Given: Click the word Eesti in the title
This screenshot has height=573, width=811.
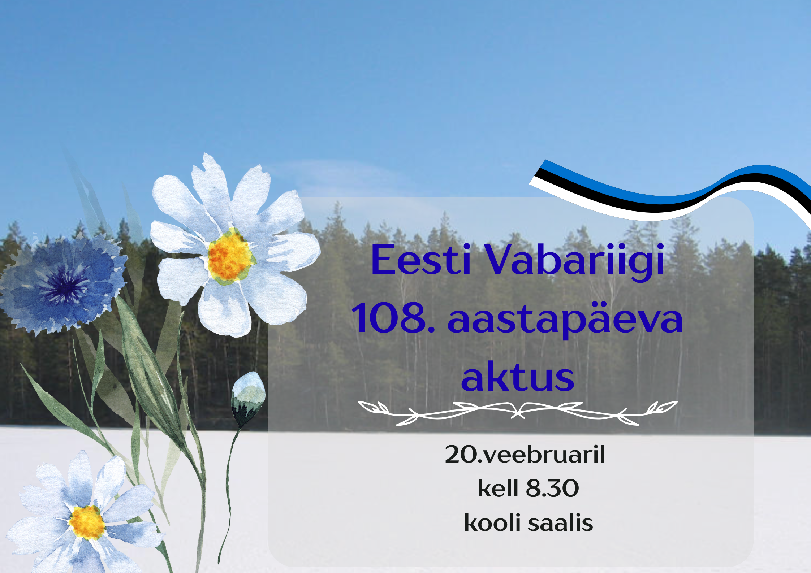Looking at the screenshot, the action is (x=421, y=259).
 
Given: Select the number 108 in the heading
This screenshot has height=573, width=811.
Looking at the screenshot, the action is (x=389, y=318).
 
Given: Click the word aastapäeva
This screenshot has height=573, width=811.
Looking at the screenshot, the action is (x=565, y=320).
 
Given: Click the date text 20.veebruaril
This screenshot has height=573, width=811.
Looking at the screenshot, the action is (x=525, y=454).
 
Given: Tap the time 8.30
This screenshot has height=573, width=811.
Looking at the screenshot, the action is (x=553, y=489).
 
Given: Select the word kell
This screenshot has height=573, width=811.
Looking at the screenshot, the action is (x=498, y=488).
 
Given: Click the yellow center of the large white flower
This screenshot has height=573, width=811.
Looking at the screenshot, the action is (x=230, y=257).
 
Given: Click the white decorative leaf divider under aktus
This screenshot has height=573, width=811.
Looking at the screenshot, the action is (x=518, y=412).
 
